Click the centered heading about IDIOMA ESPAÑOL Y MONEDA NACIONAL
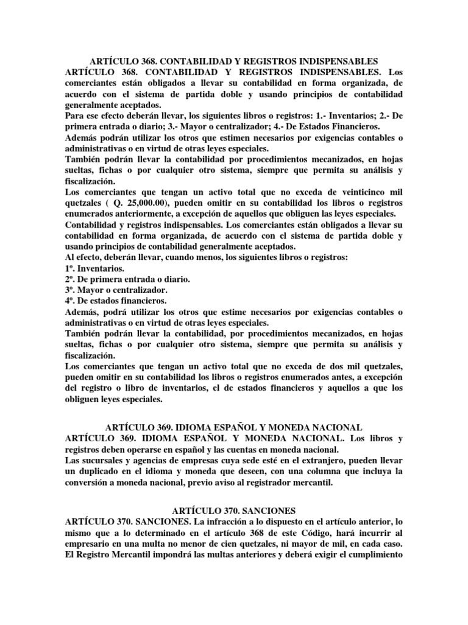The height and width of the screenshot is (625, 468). (x=234, y=427)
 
